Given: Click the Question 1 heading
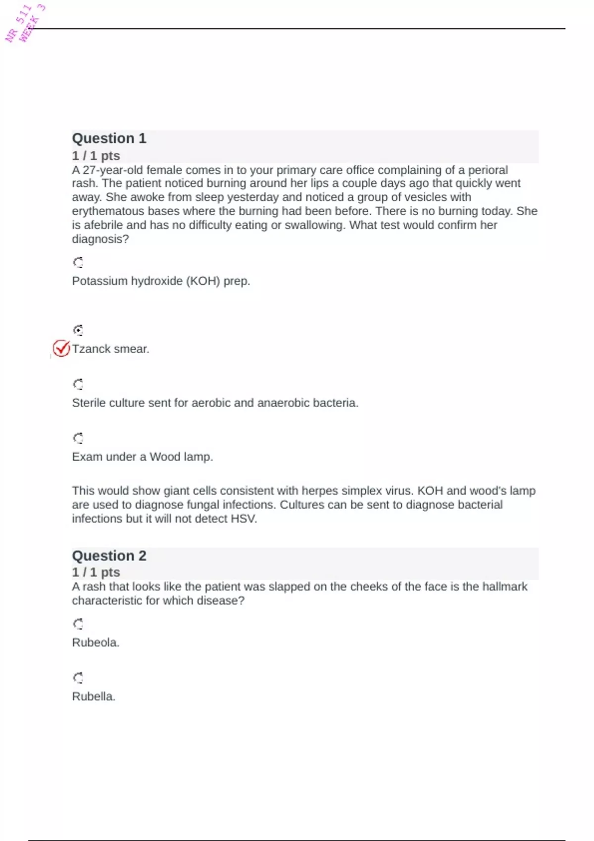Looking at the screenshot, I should point(109,138).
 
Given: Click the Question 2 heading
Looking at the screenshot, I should point(109,556).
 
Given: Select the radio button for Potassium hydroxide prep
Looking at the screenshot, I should point(78,262).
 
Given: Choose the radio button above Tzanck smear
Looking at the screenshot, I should point(78,330).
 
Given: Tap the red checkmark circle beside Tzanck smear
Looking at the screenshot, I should point(61,349).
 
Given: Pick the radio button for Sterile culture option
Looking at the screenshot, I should point(78,384).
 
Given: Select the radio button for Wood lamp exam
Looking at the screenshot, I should point(78,438).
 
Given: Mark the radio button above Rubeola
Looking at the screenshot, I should point(78,624).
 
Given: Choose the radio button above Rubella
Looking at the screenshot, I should point(78,678).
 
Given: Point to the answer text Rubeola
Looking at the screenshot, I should point(96,643).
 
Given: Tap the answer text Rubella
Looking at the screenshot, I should point(94,697).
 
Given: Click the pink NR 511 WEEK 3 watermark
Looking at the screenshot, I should point(25,23).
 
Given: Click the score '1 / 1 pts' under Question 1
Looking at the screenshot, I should point(96,156).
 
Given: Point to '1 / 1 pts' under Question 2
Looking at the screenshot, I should point(96,572).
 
